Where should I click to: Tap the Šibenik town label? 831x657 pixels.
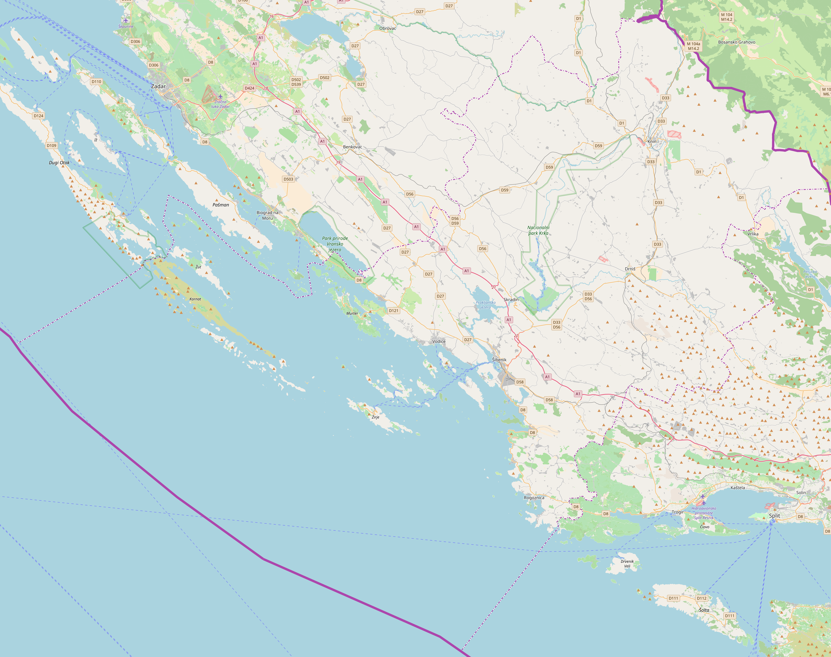[499, 360]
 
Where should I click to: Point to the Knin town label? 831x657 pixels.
[652, 141]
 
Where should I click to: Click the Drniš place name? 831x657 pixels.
[630, 269]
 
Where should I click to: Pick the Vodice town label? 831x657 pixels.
[439, 341]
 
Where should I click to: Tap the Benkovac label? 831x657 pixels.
[352, 147]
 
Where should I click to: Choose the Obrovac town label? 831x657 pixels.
[387, 28]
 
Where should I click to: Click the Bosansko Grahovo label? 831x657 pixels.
[736, 42]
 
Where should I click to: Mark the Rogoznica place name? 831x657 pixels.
[534, 498]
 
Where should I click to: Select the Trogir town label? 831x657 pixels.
[678, 512]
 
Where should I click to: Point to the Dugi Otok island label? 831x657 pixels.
[59, 163]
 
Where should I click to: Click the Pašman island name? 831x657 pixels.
[221, 205]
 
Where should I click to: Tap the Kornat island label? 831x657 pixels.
[195, 299]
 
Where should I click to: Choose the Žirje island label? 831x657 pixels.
[375, 417]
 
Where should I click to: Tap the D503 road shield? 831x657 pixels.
[288, 179]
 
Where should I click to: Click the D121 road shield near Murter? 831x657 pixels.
[393, 310]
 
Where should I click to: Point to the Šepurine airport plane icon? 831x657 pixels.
[126, 20]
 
